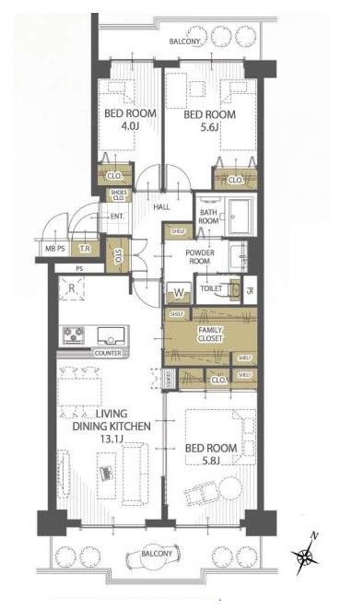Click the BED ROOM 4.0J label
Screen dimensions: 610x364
[x=130, y=121]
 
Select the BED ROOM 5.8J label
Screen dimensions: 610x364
[x=210, y=454]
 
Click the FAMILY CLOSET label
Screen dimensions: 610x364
[x=209, y=334]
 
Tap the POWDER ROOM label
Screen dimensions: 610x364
[x=200, y=258]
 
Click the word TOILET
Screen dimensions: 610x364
[x=211, y=289]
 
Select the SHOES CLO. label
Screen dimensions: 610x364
[x=119, y=194]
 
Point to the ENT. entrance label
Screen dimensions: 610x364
[x=117, y=217]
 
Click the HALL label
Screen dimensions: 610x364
[x=162, y=206]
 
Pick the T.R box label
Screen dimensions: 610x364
[x=84, y=249]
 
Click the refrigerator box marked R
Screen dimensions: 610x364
[x=71, y=287]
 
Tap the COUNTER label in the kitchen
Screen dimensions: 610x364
[x=105, y=353]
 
